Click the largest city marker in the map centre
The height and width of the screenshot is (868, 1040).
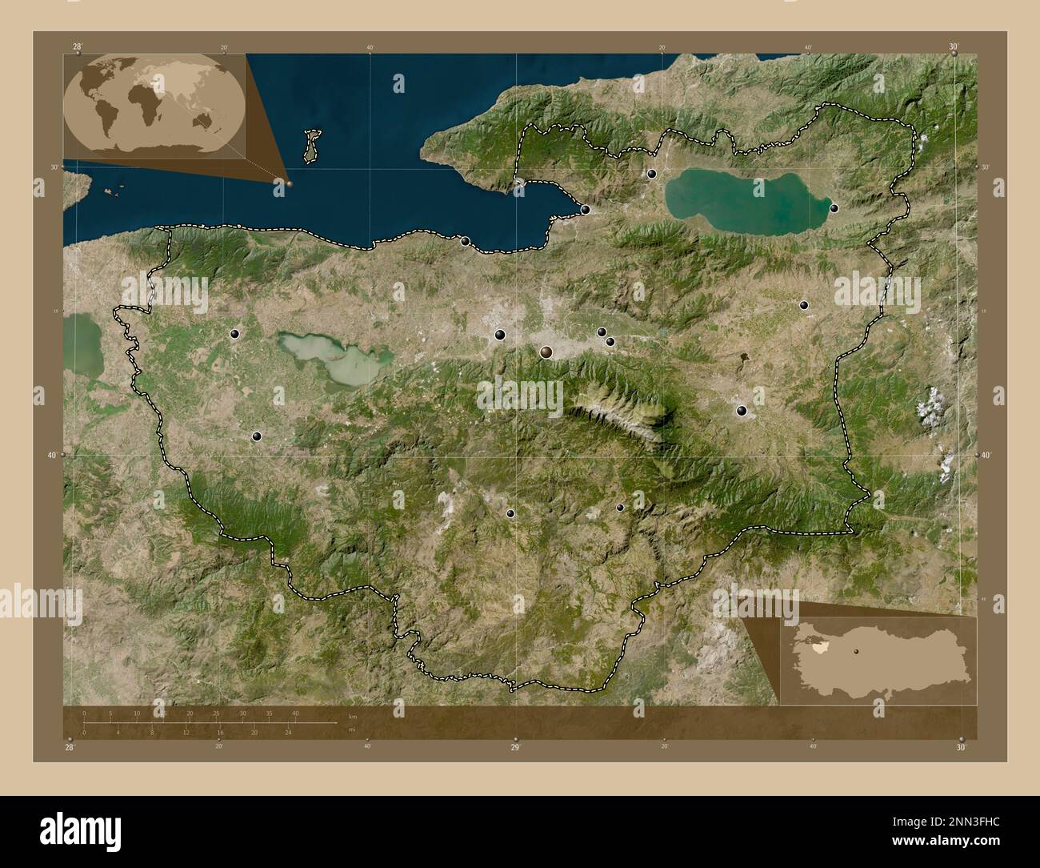coord(546,352)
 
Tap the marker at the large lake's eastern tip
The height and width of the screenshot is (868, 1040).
coord(834,208)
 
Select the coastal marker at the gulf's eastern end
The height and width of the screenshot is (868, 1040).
coord(586,210)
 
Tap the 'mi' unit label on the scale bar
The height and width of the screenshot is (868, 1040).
coord(350,730)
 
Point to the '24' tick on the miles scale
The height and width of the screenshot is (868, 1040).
coord(289,732)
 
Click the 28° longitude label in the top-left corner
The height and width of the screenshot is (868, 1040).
coord(77,47)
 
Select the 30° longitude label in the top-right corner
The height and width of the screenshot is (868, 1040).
coord(954,47)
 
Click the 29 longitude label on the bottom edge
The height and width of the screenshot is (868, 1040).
coord(515,746)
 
